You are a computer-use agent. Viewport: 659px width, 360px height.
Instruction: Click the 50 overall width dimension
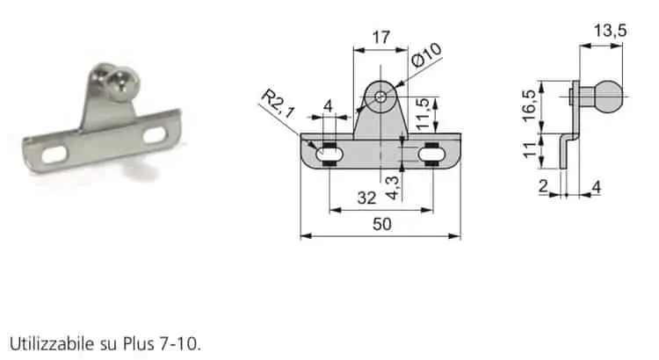pyautogui.click(x=381, y=224)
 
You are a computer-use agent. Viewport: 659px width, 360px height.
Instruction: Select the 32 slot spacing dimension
pyautogui.click(x=366, y=198)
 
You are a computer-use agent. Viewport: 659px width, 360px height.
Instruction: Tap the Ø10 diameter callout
pyautogui.click(x=426, y=55)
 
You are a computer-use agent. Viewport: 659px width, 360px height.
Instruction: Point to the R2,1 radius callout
pyautogui.click(x=278, y=104)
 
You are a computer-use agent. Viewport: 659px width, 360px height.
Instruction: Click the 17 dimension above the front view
pyautogui.click(x=380, y=38)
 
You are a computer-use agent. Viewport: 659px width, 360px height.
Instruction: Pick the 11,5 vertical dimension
pyautogui.click(x=422, y=113)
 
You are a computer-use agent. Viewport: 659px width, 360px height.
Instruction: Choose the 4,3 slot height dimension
pyautogui.click(x=392, y=188)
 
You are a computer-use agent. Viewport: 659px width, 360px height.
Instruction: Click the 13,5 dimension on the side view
pyautogui.click(x=610, y=31)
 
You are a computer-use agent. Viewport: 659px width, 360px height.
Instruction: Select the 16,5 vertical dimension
pyautogui.click(x=530, y=106)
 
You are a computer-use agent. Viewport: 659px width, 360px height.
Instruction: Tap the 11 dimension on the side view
pyautogui.click(x=530, y=150)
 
